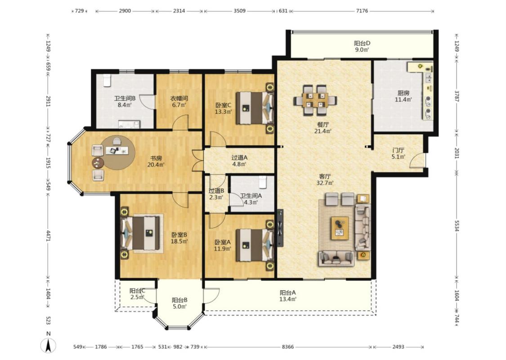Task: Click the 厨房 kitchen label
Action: coord(403,93)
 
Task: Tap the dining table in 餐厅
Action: coord(315,100)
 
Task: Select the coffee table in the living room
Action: coord(340,228)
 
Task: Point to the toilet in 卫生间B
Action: coord(107,81)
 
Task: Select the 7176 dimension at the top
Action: coord(362,11)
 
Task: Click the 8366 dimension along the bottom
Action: coord(288,347)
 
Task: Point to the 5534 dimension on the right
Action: coord(457,226)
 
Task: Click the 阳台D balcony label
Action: coord(362,43)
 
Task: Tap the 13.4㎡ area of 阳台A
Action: coord(288,299)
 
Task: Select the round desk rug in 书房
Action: coord(117,153)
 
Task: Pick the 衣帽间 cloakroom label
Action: coord(179,98)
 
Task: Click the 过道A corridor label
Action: coord(239,157)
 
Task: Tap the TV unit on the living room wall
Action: coord(280,228)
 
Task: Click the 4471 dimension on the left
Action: coord(49,235)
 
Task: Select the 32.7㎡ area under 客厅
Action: coord(325,183)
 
